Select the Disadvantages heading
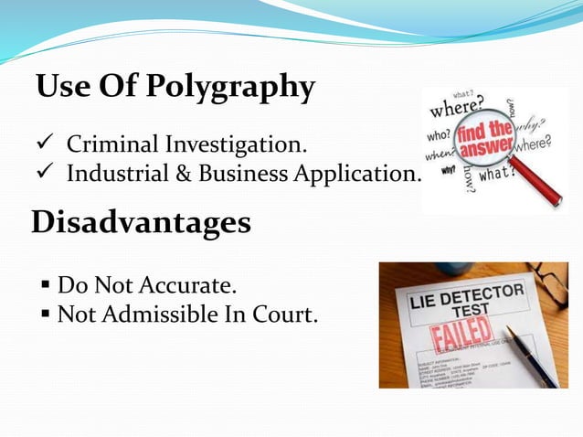(141, 222)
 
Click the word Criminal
(111, 144)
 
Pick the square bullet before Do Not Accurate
(45, 286)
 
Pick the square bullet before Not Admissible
(45, 315)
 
